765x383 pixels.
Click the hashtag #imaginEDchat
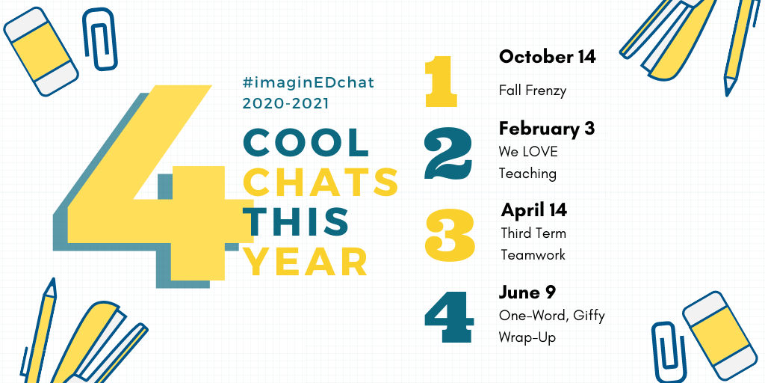309,83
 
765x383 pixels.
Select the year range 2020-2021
285,103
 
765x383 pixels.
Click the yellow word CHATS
321,182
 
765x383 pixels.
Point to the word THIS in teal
296,220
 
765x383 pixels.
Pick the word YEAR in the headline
306,261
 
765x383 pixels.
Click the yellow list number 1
441,81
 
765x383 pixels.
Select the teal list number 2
448,153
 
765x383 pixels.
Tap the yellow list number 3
449,234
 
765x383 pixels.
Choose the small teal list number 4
449,316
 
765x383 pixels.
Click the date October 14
547,57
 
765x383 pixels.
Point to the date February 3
546,129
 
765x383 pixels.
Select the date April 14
533,210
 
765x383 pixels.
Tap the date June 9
527,292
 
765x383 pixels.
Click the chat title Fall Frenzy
532,91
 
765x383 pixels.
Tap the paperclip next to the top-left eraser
100,39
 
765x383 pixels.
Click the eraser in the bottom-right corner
719,335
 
